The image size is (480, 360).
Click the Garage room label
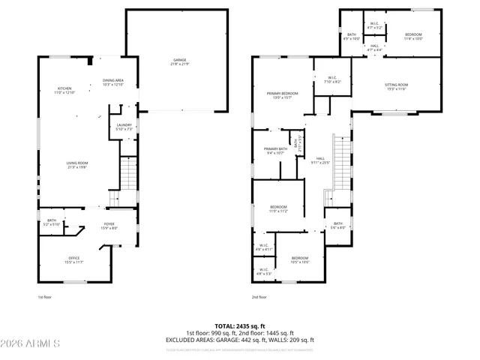tap(180, 61)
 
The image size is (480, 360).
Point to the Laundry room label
tap(124, 127)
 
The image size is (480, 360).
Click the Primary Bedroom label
tap(282, 95)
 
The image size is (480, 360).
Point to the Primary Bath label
tap(275, 151)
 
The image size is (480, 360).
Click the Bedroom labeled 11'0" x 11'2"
tap(279, 210)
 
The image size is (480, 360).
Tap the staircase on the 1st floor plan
tap(129, 177)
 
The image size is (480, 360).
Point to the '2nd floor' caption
tap(259, 297)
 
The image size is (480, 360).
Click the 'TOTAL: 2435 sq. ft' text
tap(240, 326)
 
